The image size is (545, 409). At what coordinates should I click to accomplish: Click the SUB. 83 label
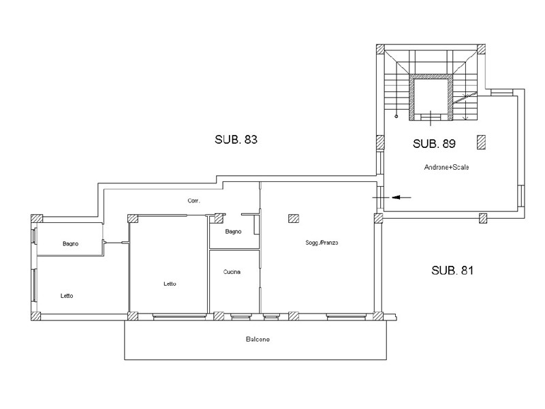pos(236,140)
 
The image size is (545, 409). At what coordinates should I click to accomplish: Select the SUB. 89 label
pos(434,144)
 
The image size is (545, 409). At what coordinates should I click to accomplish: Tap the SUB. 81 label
pos(452,270)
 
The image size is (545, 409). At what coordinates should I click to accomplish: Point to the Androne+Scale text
pos(447,167)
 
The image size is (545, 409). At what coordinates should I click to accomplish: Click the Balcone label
pos(258,339)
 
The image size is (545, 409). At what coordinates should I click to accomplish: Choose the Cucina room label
pos(232,272)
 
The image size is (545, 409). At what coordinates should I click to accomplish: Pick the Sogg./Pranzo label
pos(322,243)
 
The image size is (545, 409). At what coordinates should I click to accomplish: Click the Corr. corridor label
pos(193,200)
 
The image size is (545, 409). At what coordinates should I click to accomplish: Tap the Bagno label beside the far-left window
pos(71,244)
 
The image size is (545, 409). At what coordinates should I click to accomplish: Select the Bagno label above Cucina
pos(233,232)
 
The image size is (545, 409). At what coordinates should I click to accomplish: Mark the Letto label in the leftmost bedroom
pos(67,296)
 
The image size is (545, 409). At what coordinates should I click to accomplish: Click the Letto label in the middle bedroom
pos(170,284)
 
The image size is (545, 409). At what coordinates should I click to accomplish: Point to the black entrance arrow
pos(401,198)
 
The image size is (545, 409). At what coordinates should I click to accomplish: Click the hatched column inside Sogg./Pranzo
pos(294,218)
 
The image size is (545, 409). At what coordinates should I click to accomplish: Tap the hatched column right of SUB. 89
pos(481,142)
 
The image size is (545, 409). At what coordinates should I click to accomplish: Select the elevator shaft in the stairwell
pos(431,97)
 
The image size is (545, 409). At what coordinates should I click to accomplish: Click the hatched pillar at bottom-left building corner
pos(36,316)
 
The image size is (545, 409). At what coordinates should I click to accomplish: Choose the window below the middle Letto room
pos(179,316)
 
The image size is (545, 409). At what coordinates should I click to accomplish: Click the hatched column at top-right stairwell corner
pos(481,48)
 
